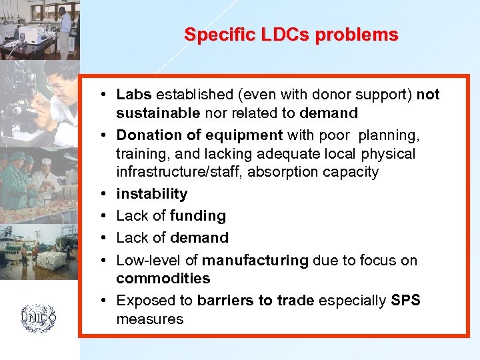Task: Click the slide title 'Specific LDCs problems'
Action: [291, 34]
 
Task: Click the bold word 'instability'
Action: [151, 193]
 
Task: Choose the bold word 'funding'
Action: [198, 215]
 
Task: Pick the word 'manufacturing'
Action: [255, 260]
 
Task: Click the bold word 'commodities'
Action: [163, 278]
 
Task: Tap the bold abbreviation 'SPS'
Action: [406, 300]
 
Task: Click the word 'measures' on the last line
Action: [149, 319]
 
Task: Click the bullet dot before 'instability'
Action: [106, 194]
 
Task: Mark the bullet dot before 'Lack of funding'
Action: [106, 216]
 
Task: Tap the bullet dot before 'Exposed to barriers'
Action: [106, 301]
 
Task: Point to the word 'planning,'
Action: [389, 135]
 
